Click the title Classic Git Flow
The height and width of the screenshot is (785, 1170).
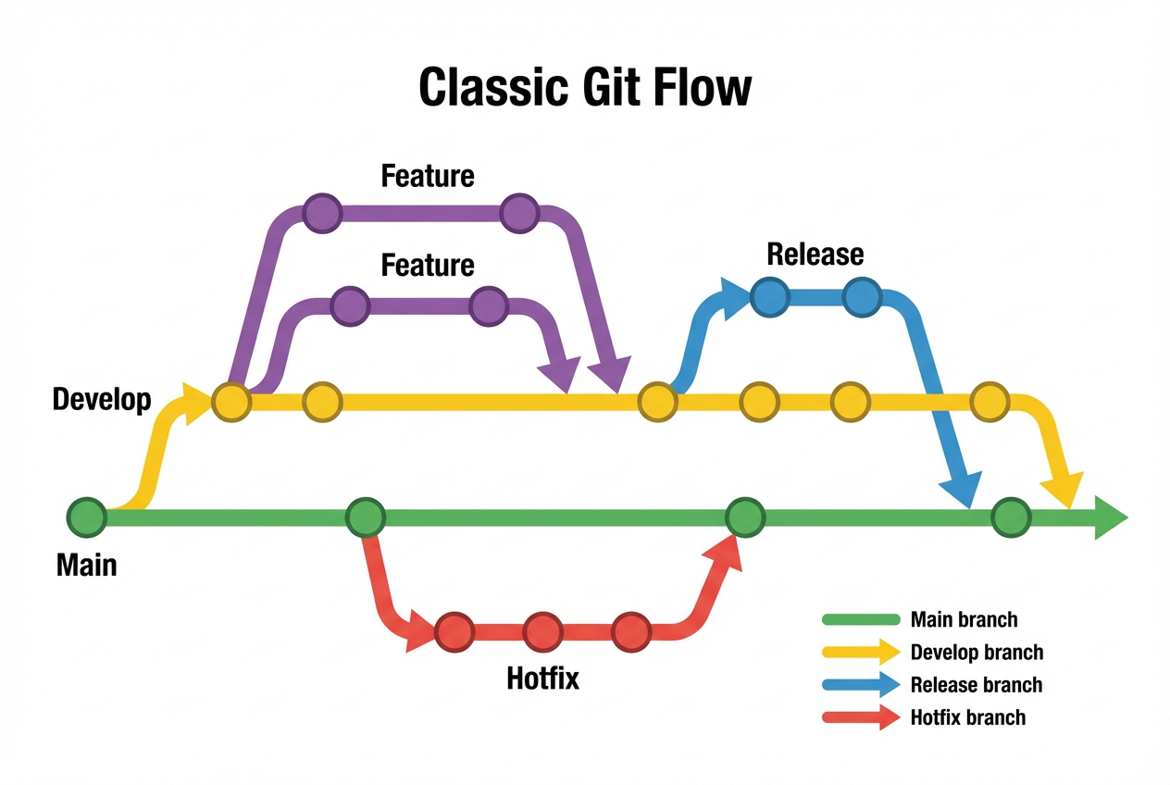[x=585, y=88]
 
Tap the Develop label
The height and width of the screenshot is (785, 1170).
[x=102, y=400]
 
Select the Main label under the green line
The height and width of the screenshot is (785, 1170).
[x=87, y=564]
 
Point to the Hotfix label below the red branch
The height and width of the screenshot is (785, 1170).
[x=542, y=679]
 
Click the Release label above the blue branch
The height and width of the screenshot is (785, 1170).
[x=815, y=254]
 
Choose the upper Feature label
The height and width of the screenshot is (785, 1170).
[x=428, y=176]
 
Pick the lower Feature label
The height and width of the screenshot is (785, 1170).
[x=428, y=266]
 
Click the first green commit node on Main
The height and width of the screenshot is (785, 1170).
[x=87, y=517]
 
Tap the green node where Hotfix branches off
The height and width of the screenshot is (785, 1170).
[x=366, y=517]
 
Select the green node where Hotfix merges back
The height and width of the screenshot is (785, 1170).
[x=745, y=517]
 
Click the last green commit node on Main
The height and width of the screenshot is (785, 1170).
[x=1011, y=517]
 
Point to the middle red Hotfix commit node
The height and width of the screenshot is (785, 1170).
[x=542, y=632]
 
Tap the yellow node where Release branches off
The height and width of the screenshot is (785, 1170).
[x=657, y=402]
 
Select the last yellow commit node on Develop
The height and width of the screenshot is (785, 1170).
[x=990, y=402]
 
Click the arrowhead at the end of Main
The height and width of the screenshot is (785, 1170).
[x=1111, y=517]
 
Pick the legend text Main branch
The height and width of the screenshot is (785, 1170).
[x=964, y=620]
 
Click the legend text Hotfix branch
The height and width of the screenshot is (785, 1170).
[x=967, y=716]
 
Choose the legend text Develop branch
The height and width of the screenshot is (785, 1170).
[x=977, y=653]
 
